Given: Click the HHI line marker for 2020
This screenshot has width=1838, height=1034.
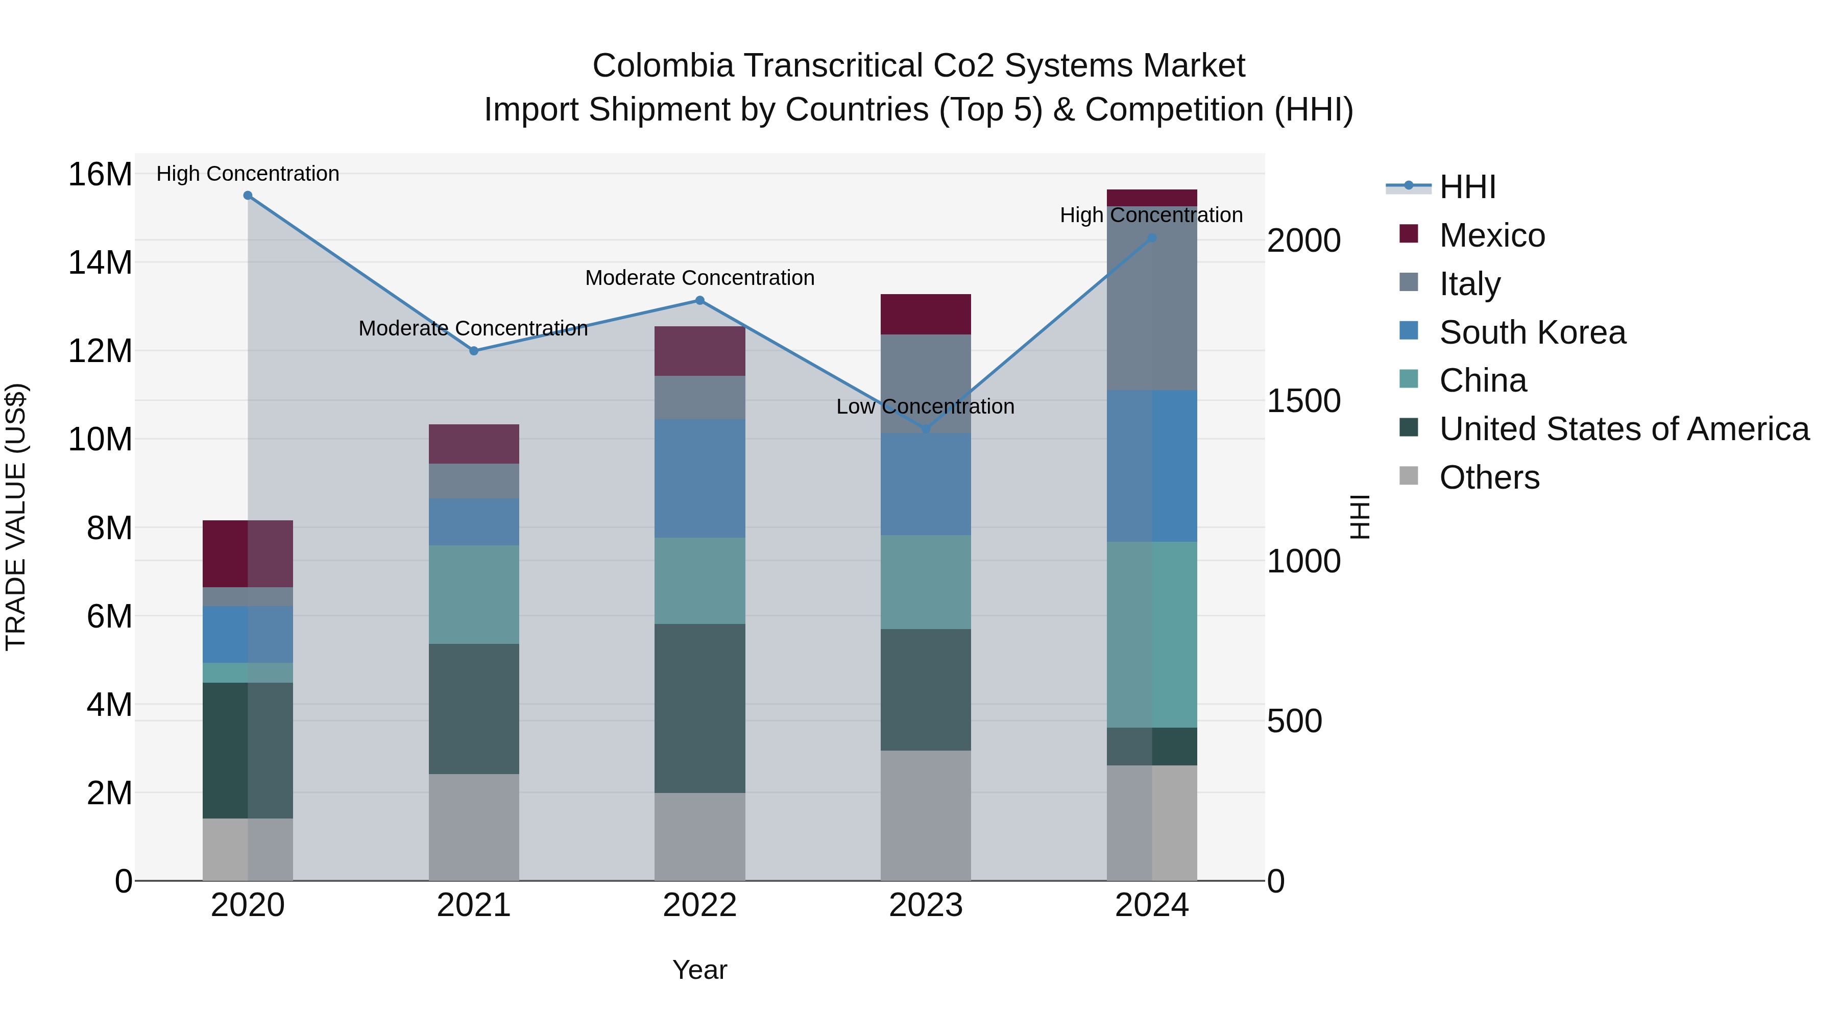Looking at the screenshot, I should coord(248,196).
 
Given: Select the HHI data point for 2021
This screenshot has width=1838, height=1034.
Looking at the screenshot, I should coord(474,351).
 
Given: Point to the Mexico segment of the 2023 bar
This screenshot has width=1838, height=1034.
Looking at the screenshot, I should coord(926,315).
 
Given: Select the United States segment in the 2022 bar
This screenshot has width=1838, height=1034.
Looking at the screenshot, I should coord(700,709).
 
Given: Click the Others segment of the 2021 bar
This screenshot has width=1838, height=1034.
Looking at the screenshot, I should coord(474,828).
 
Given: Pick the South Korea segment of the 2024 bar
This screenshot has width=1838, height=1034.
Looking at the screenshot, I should coord(1152,466).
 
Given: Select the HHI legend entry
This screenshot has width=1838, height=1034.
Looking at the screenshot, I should coord(1466,187).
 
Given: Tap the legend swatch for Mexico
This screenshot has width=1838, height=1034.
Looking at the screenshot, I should coord(1409,234).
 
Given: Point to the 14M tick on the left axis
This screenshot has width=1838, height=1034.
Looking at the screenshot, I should coord(100,262).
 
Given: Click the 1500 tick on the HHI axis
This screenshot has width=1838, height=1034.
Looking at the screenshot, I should coord(1303,401).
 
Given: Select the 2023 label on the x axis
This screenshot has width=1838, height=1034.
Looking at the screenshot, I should coord(926,905).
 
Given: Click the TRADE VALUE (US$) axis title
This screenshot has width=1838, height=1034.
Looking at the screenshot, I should coord(16,517).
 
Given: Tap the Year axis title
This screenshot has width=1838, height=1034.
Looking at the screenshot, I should coord(699,970).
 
